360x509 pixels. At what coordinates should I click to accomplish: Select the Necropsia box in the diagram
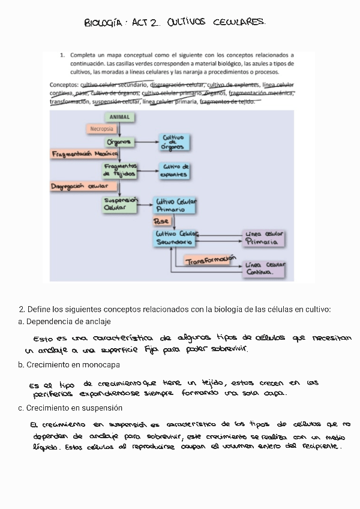(x=101, y=128)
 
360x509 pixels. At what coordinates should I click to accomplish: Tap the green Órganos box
(x=119, y=142)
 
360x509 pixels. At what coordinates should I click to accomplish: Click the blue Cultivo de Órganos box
(x=174, y=142)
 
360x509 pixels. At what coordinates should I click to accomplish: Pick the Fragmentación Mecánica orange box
(x=84, y=154)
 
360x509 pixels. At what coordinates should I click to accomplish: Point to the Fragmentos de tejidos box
(x=120, y=170)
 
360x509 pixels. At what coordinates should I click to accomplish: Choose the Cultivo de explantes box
(x=174, y=171)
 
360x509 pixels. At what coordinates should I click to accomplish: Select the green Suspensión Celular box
(x=121, y=204)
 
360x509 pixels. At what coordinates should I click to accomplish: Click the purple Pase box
(x=162, y=221)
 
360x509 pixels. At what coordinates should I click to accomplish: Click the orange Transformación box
(x=209, y=261)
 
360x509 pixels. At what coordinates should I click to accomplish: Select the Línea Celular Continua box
(x=265, y=268)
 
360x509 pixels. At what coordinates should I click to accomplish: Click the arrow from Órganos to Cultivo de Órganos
(x=147, y=142)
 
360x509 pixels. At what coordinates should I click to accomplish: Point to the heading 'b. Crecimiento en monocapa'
(x=68, y=364)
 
